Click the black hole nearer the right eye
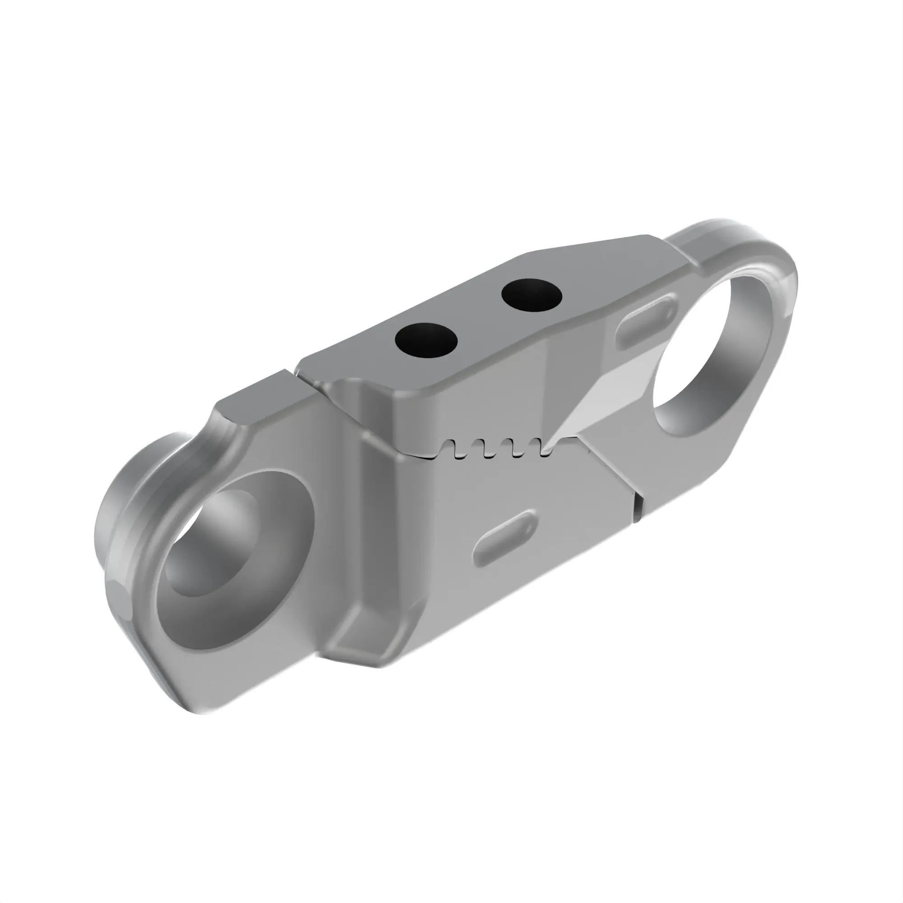pos(531,295)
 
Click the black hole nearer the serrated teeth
pos(426,340)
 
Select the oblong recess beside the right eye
pos(647,322)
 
